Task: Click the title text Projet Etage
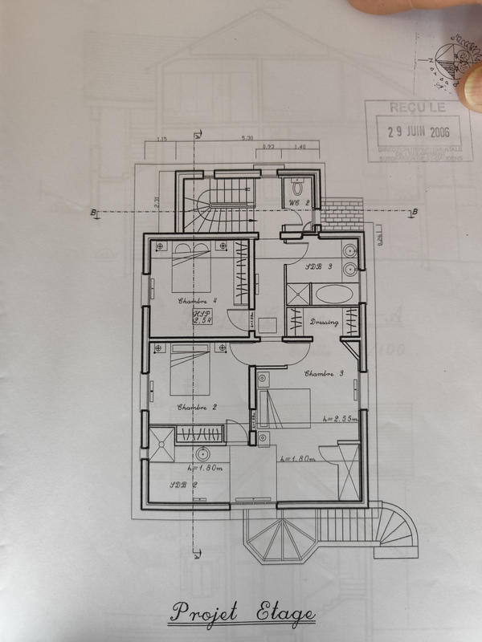242,613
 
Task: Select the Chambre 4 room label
193,302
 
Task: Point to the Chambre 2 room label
197,407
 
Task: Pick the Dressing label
324,323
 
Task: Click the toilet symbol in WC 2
297,186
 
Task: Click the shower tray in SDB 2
158,440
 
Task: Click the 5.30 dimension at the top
247,139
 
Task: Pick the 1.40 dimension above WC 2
300,147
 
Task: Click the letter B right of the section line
415,212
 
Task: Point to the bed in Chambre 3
285,406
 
